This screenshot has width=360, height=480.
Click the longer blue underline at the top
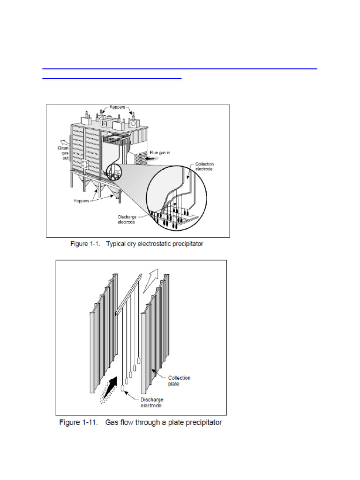(180, 69)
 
